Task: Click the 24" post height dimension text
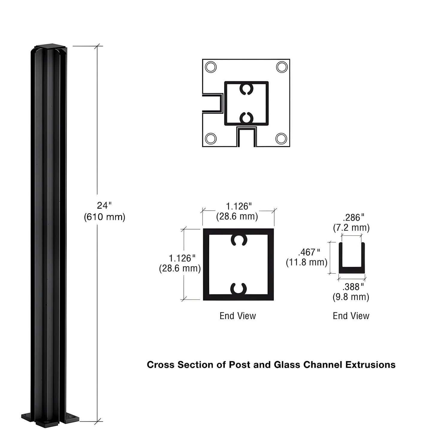click(x=104, y=206)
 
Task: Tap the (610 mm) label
click(x=104, y=217)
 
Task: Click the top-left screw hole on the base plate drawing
click(x=211, y=67)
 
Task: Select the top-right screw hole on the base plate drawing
click(x=282, y=67)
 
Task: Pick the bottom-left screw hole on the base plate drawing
click(x=211, y=138)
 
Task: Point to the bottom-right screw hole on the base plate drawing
click(x=281, y=138)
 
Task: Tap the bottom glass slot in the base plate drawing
click(x=246, y=137)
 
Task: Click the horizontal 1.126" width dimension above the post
click(x=239, y=206)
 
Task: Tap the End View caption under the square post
click(x=238, y=316)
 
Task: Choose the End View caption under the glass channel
click(x=351, y=316)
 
